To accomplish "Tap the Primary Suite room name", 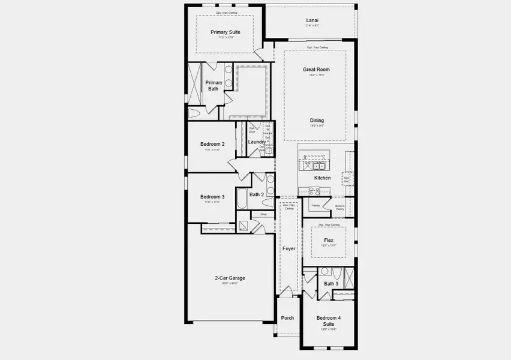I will [225, 32].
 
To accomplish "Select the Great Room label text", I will [315, 70].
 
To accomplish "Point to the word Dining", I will [316, 121].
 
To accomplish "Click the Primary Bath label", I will [214, 86].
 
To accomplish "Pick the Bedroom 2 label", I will [212, 144].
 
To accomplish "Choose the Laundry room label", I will [257, 142].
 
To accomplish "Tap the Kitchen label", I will [322, 178].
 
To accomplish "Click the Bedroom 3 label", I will [212, 197].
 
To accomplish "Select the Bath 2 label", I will [256, 194].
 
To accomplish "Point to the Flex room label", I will [328, 240].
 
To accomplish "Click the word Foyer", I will [288, 248].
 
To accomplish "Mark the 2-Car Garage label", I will [230, 278].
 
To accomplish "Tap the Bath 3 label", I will [331, 284].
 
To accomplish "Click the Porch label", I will [287, 318].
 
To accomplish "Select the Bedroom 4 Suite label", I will [328, 320].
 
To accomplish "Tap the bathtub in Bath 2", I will [242, 199].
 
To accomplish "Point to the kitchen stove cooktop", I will [314, 191].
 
